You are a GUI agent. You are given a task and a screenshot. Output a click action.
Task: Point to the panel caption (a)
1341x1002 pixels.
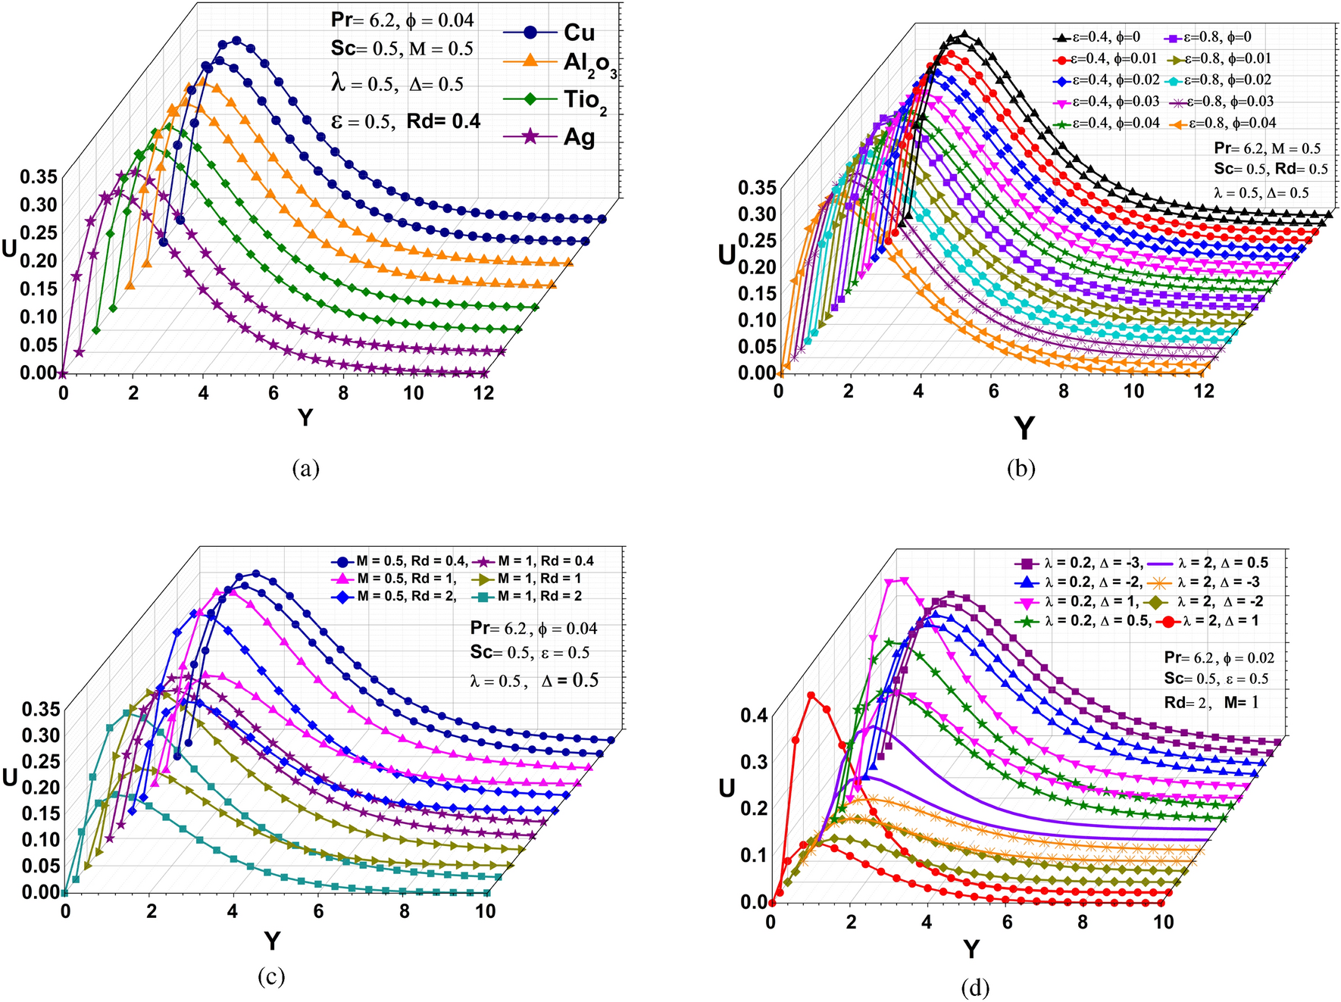coord(305,469)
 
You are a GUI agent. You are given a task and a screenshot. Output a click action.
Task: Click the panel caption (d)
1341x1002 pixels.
coord(974,988)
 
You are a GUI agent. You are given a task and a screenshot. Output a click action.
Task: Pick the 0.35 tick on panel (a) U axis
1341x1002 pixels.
coord(38,177)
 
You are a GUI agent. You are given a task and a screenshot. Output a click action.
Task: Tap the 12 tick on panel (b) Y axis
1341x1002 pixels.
coord(1203,391)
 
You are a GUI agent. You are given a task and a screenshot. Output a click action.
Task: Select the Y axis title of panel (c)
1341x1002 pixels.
coord(272,941)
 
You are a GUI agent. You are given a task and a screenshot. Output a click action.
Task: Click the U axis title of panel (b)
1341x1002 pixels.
coord(727,255)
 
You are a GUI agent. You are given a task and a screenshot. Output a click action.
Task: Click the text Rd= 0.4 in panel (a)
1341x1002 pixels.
coord(443,121)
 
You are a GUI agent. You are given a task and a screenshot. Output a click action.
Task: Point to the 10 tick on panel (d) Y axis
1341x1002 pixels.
coord(1163,922)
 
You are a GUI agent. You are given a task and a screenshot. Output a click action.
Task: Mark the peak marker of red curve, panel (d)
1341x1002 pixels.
coord(811,695)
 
